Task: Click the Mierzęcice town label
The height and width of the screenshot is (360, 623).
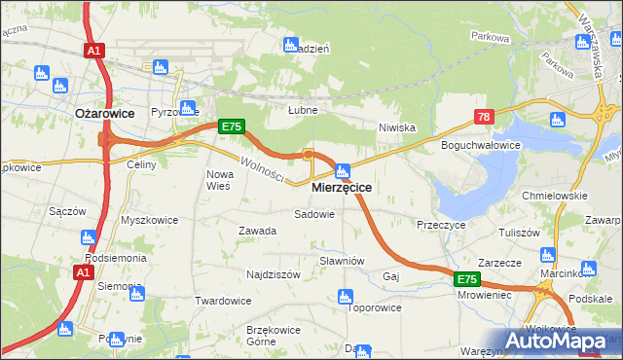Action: tap(341, 187)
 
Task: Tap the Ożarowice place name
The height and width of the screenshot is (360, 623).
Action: tap(98, 112)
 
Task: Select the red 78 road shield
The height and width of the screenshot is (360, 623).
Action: tap(485, 118)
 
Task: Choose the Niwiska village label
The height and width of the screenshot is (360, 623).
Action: tap(397, 127)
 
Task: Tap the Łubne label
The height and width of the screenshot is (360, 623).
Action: tap(303, 110)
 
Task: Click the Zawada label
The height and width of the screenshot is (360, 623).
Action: tap(258, 231)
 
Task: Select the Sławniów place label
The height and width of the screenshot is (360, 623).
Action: tap(342, 261)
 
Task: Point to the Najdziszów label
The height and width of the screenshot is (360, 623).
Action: tap(273, 274)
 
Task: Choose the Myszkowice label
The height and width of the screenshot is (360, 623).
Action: tap(149, 220)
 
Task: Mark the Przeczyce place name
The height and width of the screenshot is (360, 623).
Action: tap(442, 224)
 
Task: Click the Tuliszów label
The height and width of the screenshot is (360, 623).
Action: tap(519, 234)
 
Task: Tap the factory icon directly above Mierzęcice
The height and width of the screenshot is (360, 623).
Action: tap(343, 170)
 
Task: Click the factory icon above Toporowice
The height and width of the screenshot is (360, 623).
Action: tap(345, 296)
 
